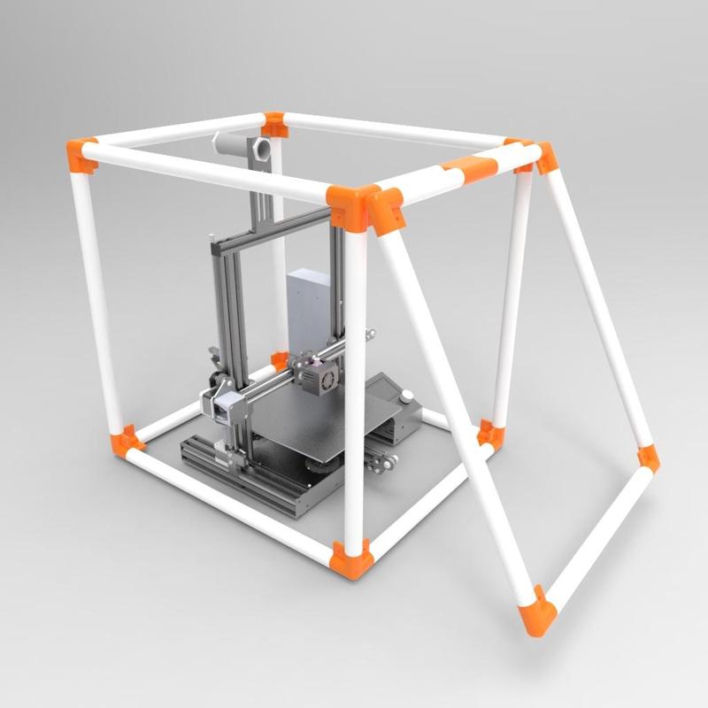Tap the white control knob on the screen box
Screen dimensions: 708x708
407,396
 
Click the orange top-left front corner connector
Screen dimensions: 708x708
82,156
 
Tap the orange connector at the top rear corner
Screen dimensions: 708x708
274,124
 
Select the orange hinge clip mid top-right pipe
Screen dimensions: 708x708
469,168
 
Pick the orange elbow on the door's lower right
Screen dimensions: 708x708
649,457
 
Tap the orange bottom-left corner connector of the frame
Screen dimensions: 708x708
127,442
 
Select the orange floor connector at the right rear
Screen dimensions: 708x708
489,434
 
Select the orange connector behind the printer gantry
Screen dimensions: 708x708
280,360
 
